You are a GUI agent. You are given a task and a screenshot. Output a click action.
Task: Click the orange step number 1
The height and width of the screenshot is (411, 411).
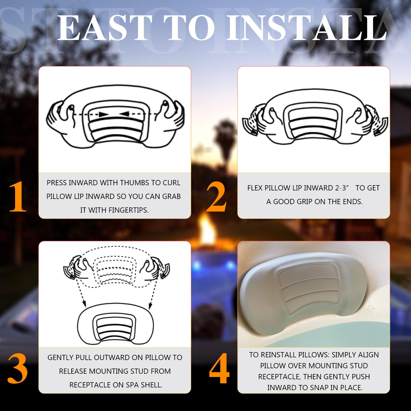click(x=18, y=196)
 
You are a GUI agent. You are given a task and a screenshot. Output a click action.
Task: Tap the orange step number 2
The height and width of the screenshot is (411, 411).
click(x=216, y=197)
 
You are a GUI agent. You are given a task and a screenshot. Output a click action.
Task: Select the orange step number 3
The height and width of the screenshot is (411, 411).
click(x=18, y=368)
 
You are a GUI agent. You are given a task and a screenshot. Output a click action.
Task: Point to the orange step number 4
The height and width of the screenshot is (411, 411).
click(x=219, y=368)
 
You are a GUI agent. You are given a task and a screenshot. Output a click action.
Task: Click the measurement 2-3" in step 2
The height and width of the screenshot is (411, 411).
click(x=342, y=188)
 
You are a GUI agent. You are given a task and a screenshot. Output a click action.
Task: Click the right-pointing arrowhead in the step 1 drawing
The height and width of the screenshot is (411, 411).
click(x=104, y=114)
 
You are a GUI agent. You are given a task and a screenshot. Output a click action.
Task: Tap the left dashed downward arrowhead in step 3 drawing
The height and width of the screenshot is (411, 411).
click(x=84, y=304)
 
